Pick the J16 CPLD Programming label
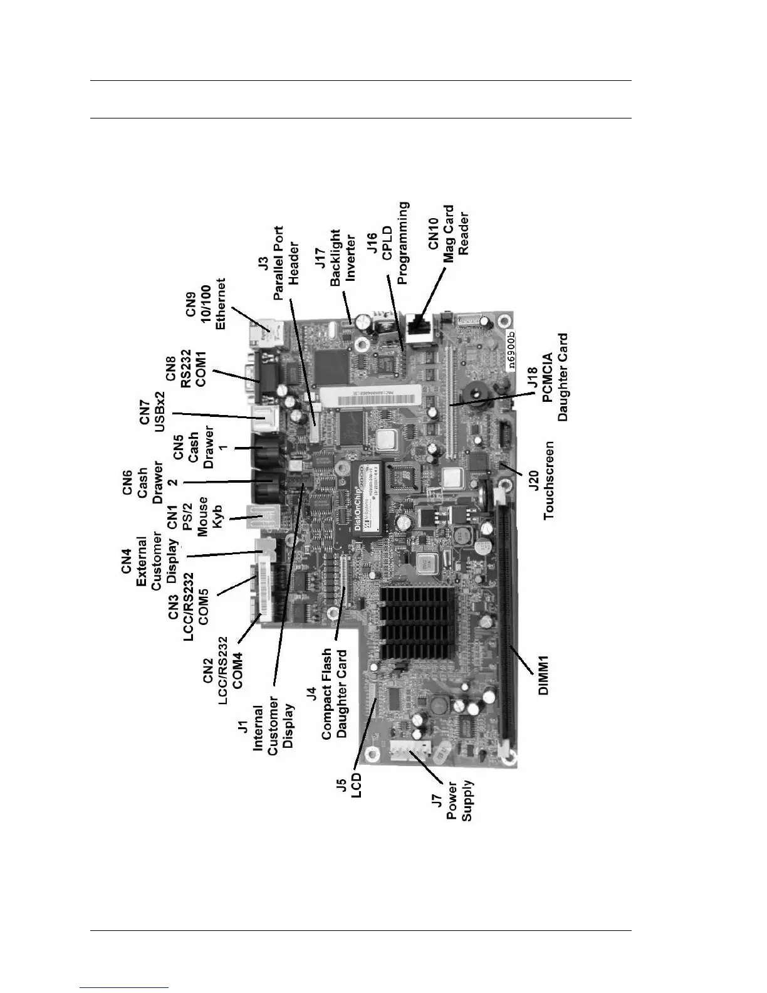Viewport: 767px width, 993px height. pos(387,244)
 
